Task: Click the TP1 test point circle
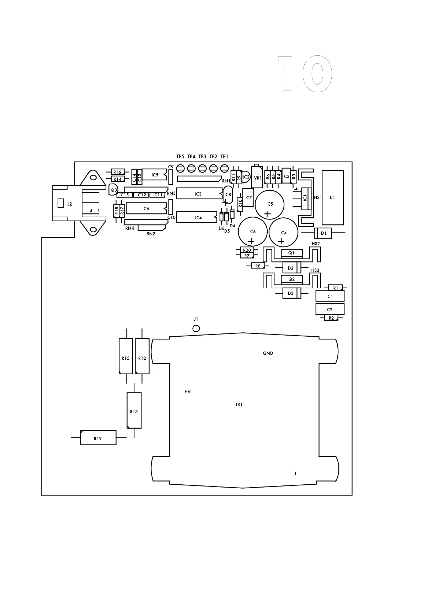pos(224,168)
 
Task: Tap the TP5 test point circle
pos(180,168)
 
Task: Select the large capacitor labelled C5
pos(270,204)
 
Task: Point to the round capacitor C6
pos(253,232)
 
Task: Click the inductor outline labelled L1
pos(332,197)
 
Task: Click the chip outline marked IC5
pos(154,174)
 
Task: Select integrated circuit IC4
pos(197,217)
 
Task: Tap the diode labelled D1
pos(323,233)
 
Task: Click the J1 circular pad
pos(196,328)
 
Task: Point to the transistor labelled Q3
pos(113,190)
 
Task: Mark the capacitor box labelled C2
pos(330,309)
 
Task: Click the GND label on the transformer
pos(268,353)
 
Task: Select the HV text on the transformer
pos(187,392)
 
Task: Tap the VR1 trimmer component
pos(257,178)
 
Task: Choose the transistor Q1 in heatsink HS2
pos(291,253)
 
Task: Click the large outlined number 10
pos(305,74)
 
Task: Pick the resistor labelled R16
pos(117,172)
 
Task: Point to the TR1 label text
pos(239,404)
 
